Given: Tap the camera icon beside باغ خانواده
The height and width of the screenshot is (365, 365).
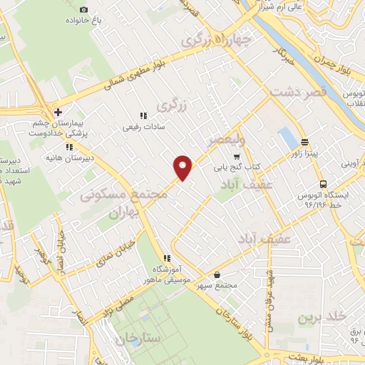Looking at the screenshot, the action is [84, 9].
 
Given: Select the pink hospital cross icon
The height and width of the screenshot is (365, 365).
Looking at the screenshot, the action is [58, 112].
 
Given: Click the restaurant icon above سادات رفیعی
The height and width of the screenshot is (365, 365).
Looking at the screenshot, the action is [143, 115].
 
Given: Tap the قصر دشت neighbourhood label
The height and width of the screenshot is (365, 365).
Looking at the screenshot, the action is [297, 92].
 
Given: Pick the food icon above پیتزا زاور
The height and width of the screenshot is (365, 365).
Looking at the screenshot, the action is [305, 141].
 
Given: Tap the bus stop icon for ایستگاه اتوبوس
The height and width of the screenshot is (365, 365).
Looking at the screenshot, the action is [323, 182].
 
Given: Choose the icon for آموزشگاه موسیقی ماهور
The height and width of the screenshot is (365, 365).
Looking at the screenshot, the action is [166, 258].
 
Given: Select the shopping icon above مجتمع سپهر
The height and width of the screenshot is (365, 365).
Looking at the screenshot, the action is [217, 274].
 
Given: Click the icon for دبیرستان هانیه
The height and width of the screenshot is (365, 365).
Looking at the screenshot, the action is [69, 147].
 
